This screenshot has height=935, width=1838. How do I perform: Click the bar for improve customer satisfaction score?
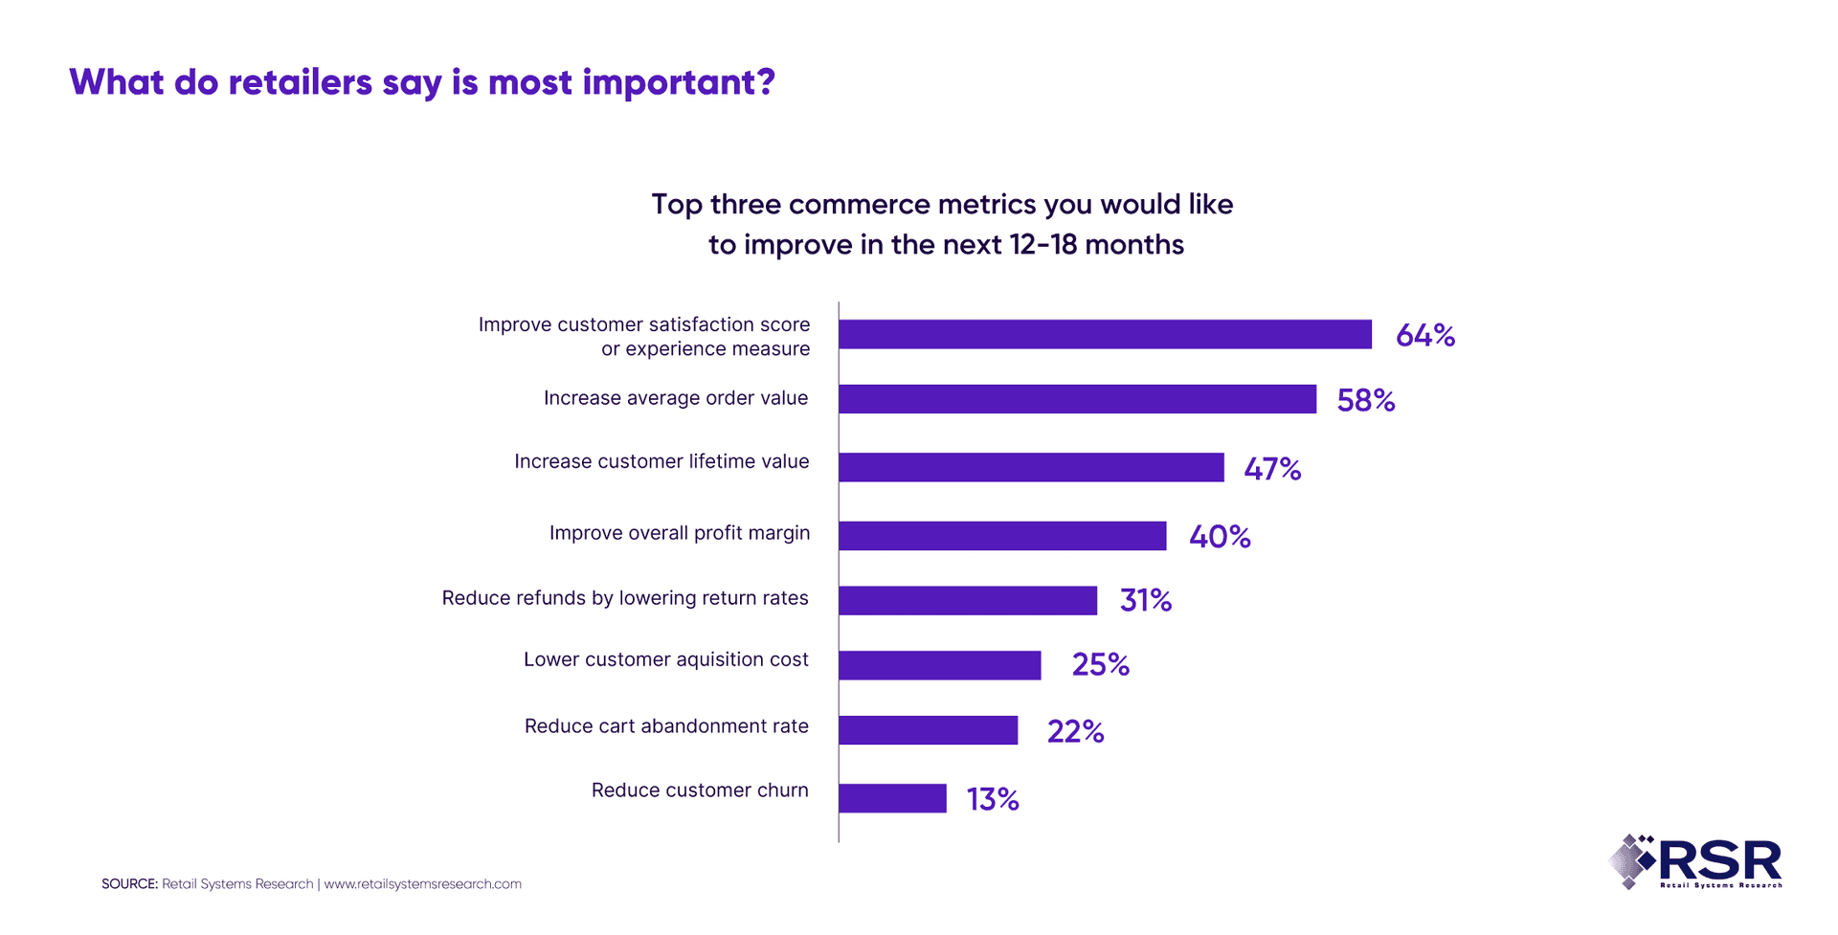[x=1105, y=334]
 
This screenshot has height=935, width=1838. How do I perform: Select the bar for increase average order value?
[x=1077, y=399]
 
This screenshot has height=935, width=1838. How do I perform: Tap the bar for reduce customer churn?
[x=892, y=798]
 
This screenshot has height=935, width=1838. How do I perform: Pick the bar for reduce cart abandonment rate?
[x=928, y=730]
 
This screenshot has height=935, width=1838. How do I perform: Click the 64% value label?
[x=1424, y=335]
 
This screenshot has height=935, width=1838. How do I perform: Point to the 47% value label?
[x=1271, y=469]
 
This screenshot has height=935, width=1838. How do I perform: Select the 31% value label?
[x=1145, y=600]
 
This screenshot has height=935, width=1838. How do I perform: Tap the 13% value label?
[x=992, y=799]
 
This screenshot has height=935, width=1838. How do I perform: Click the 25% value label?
[x=1100, y=664]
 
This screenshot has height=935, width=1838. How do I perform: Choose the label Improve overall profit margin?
[x=679, y=533]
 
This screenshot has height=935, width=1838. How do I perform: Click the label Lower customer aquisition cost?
[x=665, y=659]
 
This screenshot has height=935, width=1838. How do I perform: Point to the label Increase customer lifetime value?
[x=661, y=461]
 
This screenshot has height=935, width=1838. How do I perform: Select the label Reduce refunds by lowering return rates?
[x=624, y=598]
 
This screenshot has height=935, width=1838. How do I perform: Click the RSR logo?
[x=1695, y=861]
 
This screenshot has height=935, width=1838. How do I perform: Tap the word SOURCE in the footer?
[x=128, y=884]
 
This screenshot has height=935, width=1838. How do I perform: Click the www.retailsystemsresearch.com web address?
[x=422, y=884]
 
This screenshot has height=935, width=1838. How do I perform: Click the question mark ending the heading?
[x=765, y=82]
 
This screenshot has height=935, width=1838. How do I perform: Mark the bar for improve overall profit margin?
[x=1002, y=536]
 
